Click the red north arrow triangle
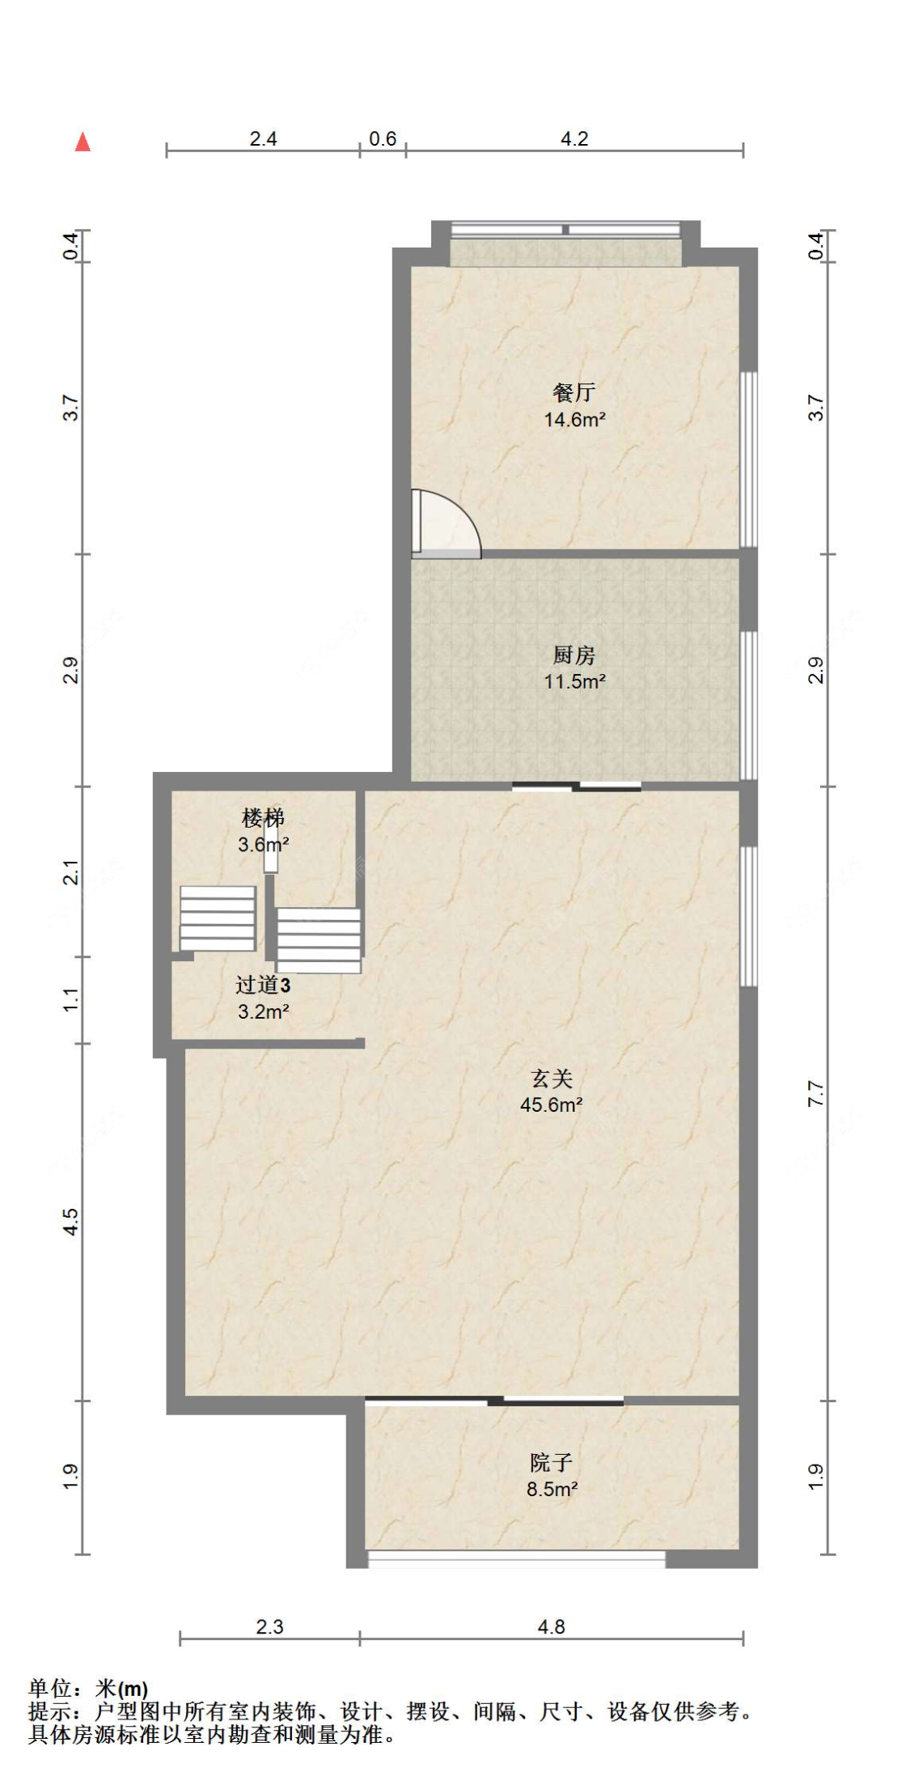pos(83,142)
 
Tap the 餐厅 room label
pos(574,392)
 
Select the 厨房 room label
pos(574,655)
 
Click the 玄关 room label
pos(552,1078)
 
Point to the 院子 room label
pos(552,1462)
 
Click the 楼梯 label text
pos(264,818)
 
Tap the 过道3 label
pos(263,985)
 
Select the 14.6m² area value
pos(574,419)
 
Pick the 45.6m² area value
pos(552,1104)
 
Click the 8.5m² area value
pos(552,1489)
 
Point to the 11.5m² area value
pos(574,681)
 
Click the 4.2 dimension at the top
pos(574,138)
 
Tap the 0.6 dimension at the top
pos(383,138)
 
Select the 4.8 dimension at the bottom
pos(552,1627)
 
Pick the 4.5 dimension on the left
pos(71,1221)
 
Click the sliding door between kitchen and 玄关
pos(577,786)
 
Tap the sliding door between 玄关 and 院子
pos(494,1401)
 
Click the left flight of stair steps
pos(218,918)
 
